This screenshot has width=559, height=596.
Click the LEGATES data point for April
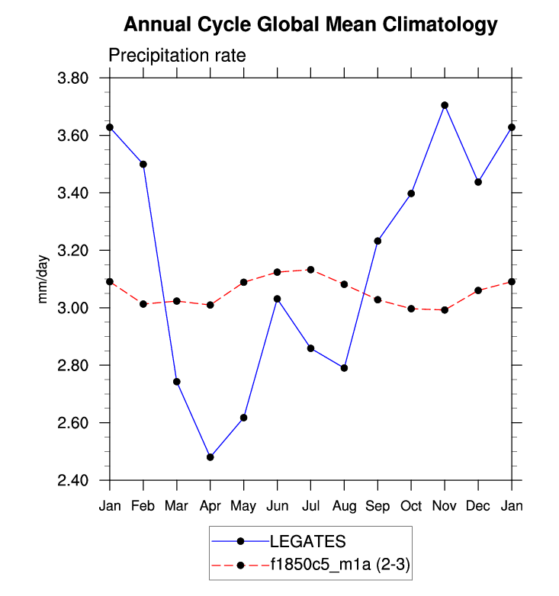pyautogui.click(x=210, y=457)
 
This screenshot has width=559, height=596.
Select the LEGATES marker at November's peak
pyautogui.click(x=445, y=105)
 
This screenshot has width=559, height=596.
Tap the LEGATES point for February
pyautogui.click(x=143, y=164)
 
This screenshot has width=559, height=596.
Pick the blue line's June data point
pyautogui.click(x=277, y=299)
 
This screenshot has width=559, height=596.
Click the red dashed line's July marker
pyautogui.click(x=310, y=270)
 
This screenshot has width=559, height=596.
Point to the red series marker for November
pyautogui.click(x=445, y=310)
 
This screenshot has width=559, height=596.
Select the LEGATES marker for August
pyautogui.click(x=344, y=368)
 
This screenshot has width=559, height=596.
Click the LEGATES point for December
pyautogui.click(x=478, y=182)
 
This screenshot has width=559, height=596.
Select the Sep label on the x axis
pyautogui.click(x=377, y=505)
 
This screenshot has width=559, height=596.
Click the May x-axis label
pyautogui.click(x=243, y=506)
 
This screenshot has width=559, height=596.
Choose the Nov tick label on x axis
pyautogui.click(x=445, y=505)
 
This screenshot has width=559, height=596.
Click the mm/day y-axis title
pyautogui.click(x=43, y=280)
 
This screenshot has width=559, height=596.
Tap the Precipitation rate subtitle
pyautogui.click(x=177, y=56)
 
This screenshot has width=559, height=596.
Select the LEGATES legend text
pyautogui.click(x=308, y=541)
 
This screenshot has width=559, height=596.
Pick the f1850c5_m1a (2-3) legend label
pyautogui.click(x=341, y=566)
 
